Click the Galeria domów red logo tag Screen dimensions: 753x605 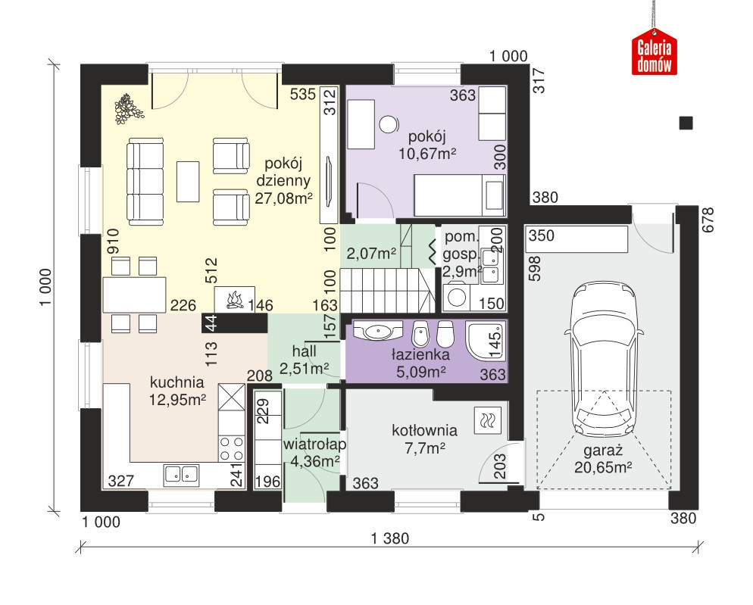pyautogui.click(x=654, y=52)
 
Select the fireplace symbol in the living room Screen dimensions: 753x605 pyautogui.click(x=234, y=300)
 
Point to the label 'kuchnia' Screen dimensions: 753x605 pyautogui.click(x=177, y=382)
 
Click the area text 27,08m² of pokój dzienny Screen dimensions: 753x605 pyautogui.click(x=284, y=198)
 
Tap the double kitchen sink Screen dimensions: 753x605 pyautogui.click(x=182, y=474)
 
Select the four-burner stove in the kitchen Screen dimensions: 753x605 pyautogui.click(x=232, y=448)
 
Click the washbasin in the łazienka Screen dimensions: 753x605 pyautogui.click(x=378, y=330)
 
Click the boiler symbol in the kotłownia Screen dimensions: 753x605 pyautogui.click(x=487, y=420)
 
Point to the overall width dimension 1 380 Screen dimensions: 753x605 pyautogui.click(x=390, y=538)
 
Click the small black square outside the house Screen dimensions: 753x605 pyautogui.click(x=686, y=123)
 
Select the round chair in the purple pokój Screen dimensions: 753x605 pyautogui.click(x=388, y=124)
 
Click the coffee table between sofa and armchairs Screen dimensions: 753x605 pyautogui.click(x=188, y=182)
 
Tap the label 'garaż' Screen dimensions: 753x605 pyautogui.click(x=603, y=451)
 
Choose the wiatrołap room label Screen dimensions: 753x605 pyautogui.click(x=314, y=444)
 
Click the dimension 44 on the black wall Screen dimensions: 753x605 pyautogui.click(x=211, y=322)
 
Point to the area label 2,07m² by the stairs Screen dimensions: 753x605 pyautogui.click(x=371, y=253)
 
